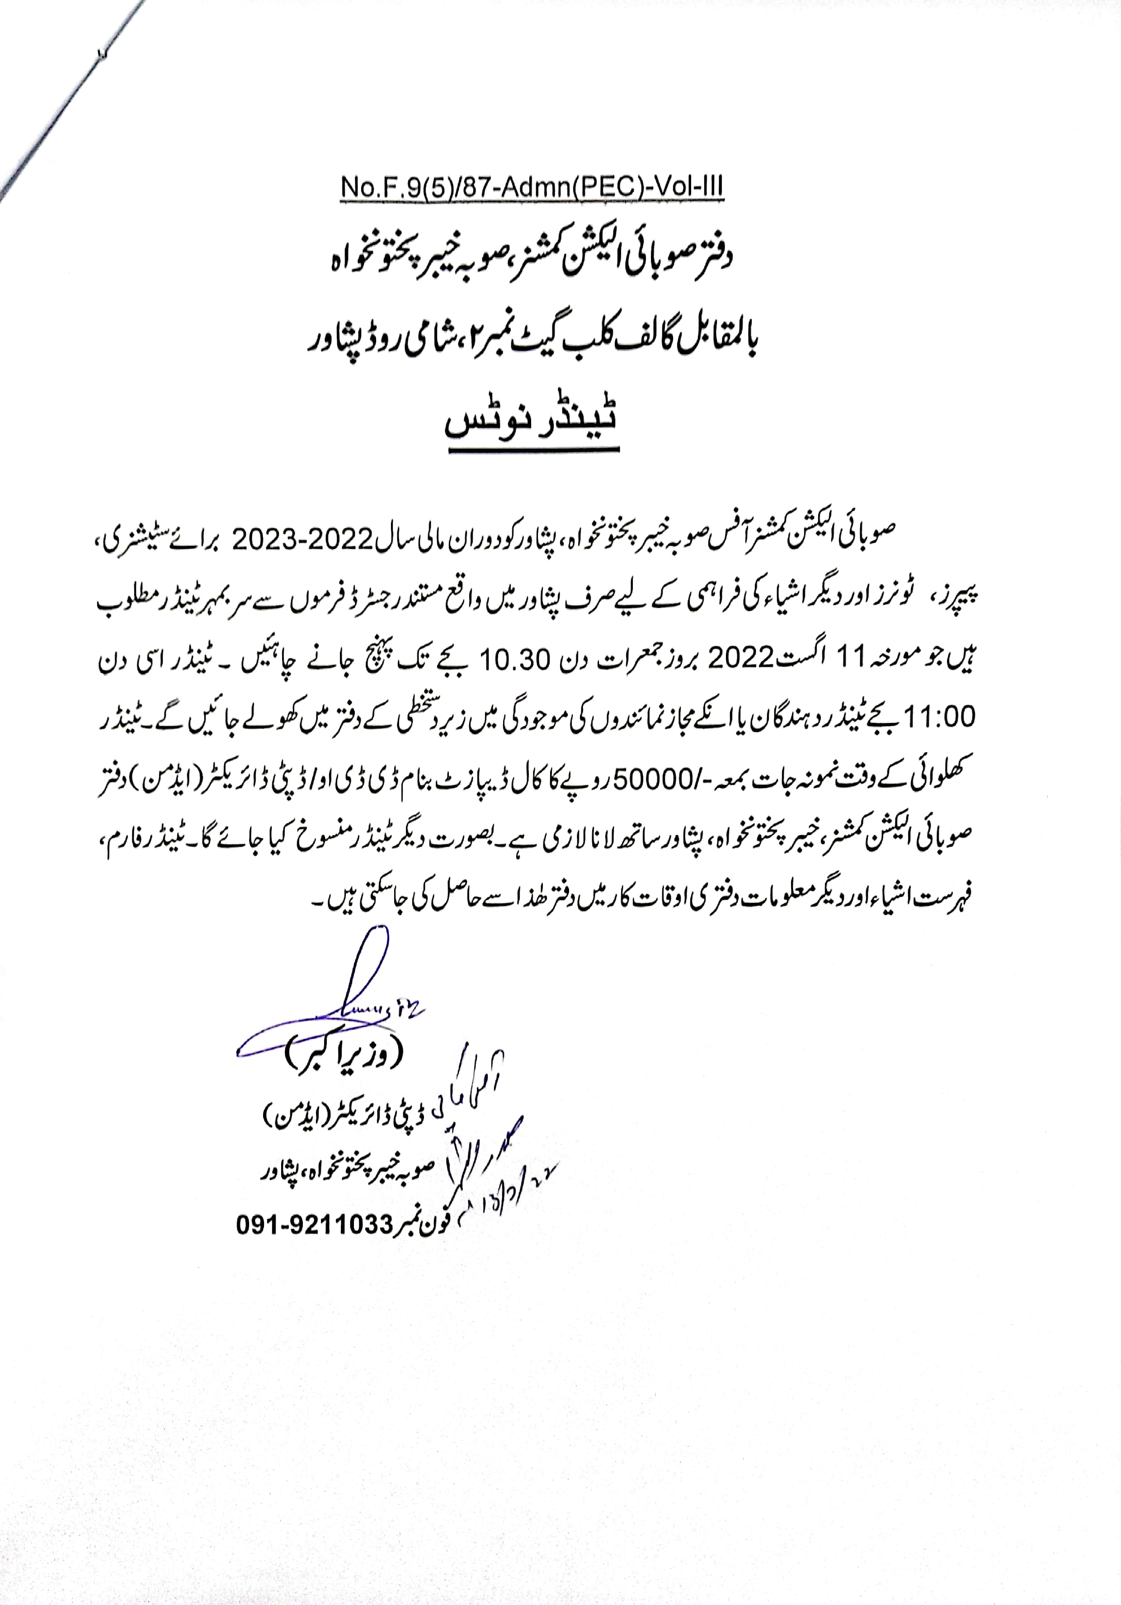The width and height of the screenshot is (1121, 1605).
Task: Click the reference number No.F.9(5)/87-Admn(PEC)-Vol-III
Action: click(x=532, y=188)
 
